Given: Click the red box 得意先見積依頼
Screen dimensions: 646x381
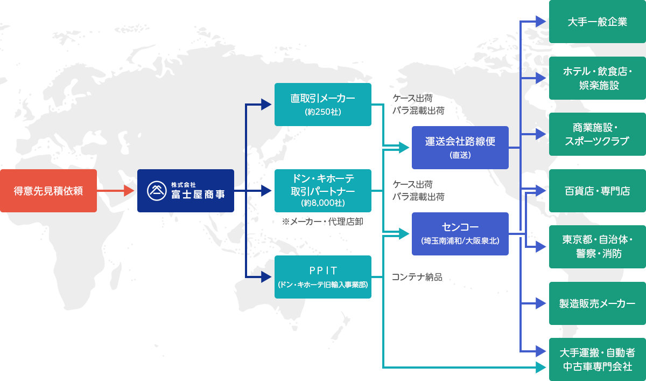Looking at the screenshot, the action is (48, 191).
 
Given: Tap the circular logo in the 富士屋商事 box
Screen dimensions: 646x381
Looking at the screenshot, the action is (157, 191).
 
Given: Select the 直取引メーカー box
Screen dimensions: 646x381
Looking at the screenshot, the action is (322, 105).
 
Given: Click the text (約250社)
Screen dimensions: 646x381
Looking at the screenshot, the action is (322, 112).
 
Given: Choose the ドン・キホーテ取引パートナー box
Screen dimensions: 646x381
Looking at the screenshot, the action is (322, 191).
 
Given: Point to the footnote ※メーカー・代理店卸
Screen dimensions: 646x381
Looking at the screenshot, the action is (322, 221).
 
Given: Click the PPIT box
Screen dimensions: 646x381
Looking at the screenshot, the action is (322, 277).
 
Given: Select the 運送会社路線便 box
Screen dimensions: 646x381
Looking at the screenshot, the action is (460, 148).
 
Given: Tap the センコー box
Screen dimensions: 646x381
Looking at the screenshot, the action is (460, 234).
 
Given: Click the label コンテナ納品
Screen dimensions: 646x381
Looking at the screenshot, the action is (417, 277).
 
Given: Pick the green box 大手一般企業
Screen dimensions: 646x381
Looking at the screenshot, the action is (597, 22).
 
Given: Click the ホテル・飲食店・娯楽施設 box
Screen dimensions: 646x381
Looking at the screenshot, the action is (597, 78).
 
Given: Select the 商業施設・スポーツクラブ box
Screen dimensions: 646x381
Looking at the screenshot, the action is (597, 134).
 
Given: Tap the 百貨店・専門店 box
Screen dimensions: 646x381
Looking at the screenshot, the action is (597, 191).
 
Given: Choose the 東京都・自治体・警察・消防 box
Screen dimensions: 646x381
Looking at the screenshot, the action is (597, 247).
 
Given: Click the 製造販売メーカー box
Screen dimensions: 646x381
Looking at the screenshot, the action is (597, 303).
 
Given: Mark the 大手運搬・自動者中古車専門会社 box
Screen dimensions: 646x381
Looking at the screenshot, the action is (597, 359).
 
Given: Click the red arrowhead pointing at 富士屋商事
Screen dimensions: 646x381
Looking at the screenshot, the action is (129, 191).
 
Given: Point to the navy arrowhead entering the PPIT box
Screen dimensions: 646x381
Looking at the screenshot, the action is (266, 277).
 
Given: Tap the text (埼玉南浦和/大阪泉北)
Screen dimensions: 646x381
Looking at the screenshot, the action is (460, 241).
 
